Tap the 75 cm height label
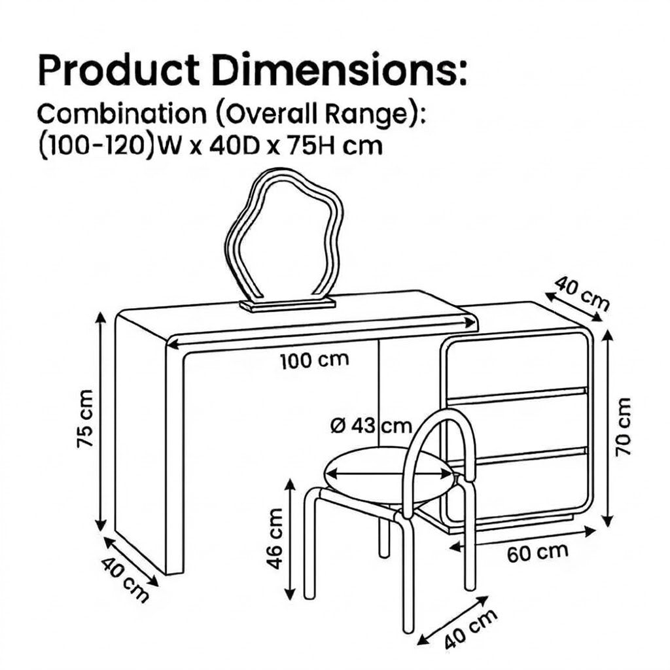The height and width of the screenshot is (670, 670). point(84,419)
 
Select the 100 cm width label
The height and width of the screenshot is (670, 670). point(315,361)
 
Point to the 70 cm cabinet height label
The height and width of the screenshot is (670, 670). point(623,427)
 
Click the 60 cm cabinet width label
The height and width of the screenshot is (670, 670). point(538,552)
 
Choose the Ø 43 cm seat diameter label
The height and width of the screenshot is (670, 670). point(372,426)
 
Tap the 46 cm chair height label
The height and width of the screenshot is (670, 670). point(275,538)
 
